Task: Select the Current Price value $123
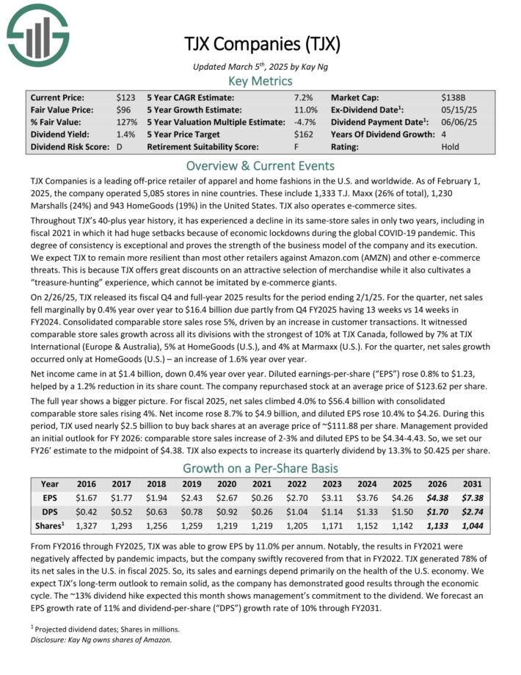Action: [126, 97]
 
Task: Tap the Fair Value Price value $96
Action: [123, 109]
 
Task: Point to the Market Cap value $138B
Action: [453, 97]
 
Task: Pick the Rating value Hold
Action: [451, 146]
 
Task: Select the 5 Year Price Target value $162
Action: [302, 134]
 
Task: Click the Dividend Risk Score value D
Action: [119, 146]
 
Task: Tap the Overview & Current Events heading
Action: [260, 165]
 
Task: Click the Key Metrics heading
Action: [260, 81]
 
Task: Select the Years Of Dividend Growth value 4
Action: [443, 134]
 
